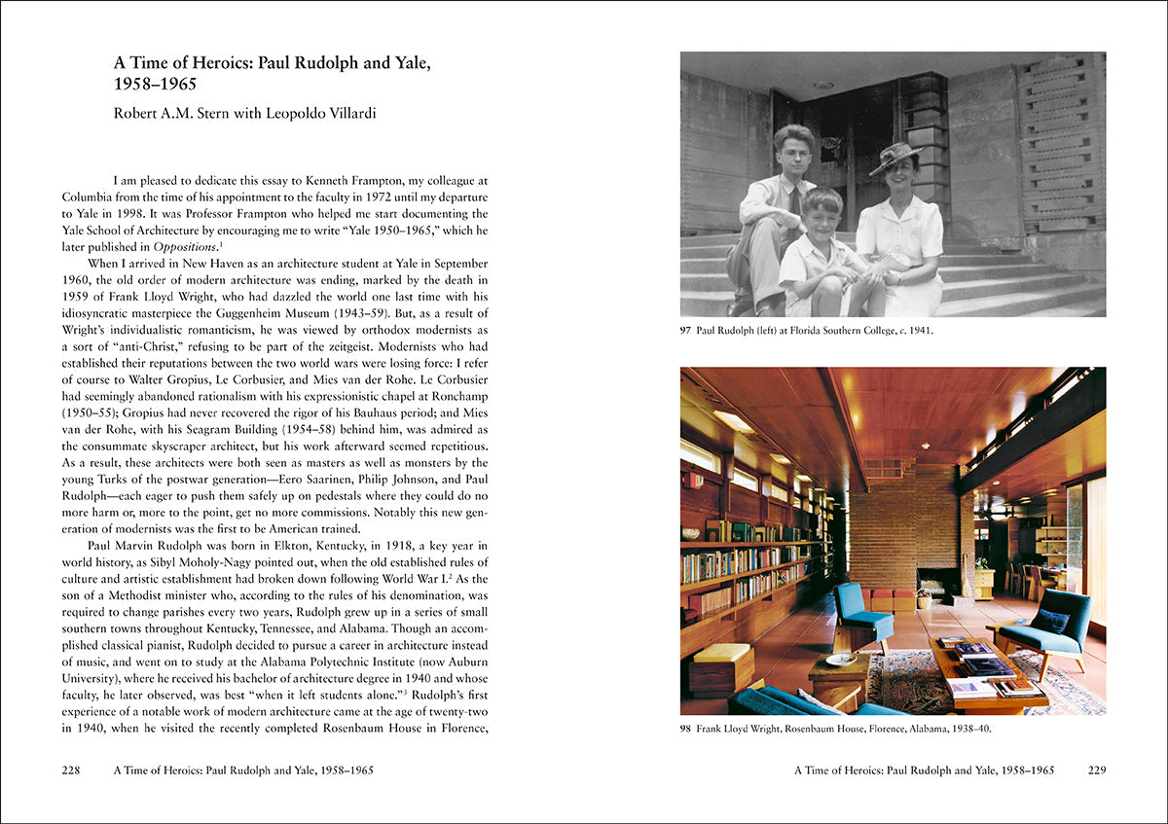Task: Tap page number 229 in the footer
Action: click(1097, 770)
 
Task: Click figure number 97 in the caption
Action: click(686, 331)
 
